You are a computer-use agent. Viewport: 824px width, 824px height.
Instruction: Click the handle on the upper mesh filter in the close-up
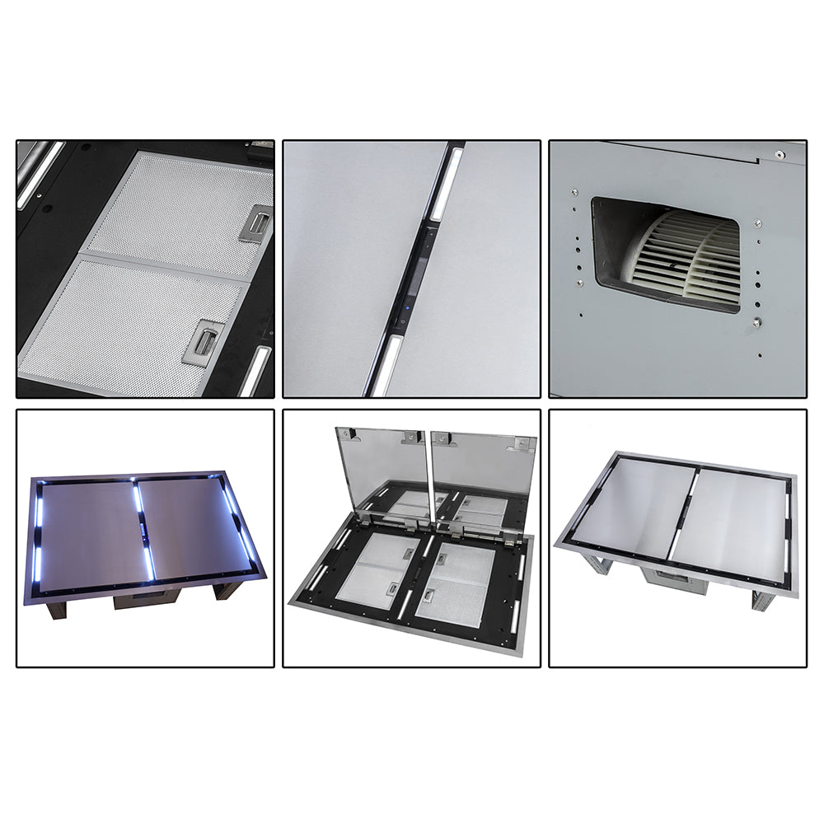click(x=256, y=223)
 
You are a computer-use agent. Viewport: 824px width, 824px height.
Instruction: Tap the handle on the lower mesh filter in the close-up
click(x=201, y=341)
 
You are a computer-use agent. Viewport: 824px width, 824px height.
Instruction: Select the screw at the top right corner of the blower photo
click(x=779, y=154)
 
